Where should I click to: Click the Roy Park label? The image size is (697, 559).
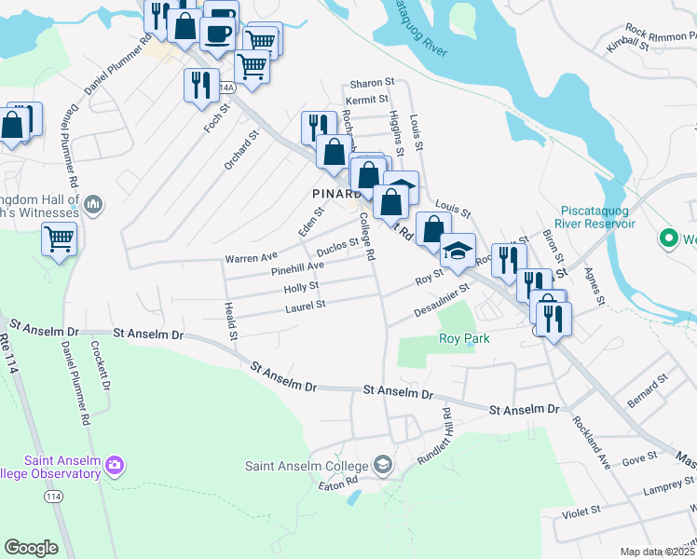464,338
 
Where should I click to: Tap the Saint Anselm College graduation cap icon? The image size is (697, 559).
382,464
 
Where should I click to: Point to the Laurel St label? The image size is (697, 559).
306,305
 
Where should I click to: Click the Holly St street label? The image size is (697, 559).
301,287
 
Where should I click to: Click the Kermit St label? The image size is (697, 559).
366,100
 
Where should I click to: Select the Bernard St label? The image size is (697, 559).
649,390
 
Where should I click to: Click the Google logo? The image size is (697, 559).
31,547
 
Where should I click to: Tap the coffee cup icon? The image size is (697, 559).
219,33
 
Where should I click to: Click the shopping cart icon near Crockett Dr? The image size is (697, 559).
59,239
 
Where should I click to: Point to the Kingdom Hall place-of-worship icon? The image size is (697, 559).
92,203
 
